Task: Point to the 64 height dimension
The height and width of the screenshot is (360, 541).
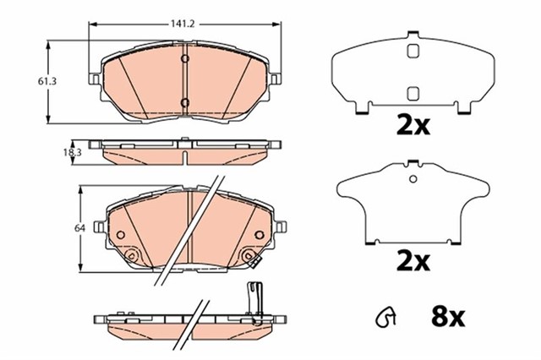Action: point(79,228)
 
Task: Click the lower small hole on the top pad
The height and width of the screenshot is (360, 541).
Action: point(184,103)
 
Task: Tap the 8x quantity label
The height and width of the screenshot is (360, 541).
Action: point(443,319)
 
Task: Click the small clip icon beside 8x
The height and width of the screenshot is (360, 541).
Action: point(385,319)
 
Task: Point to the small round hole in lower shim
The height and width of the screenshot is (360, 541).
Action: point(413,178)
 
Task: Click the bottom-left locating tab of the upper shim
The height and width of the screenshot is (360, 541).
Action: point(362,108)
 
